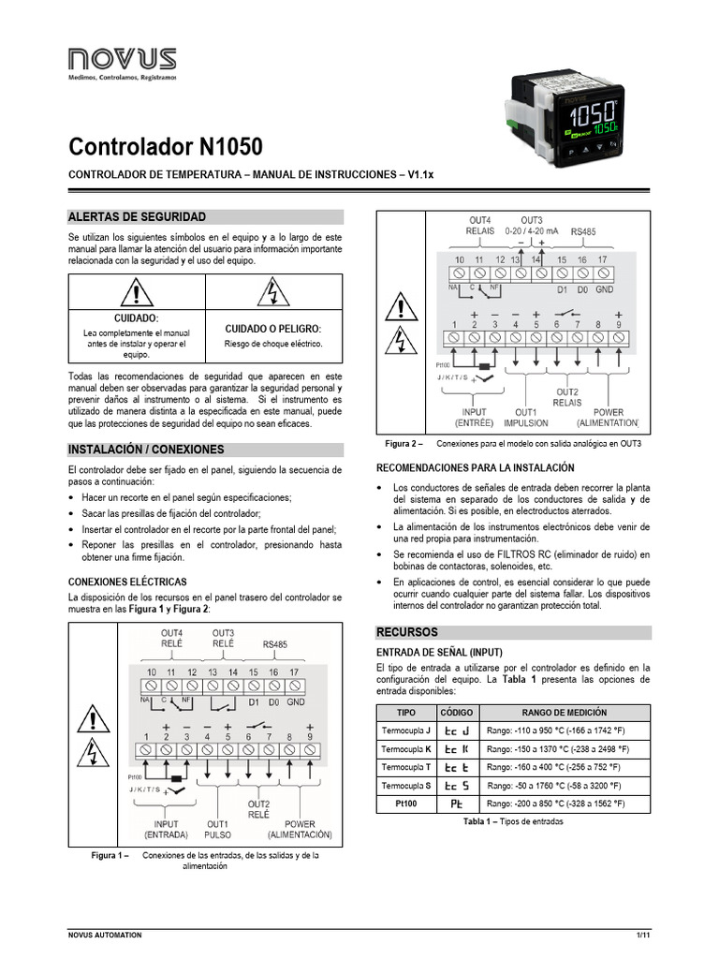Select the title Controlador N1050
tap(166, 147)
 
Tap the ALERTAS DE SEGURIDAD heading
tap(137, 216)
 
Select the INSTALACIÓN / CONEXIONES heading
tap(147, 449)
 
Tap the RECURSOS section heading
tap(408, 632)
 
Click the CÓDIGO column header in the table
tap(456, 713)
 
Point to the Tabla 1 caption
tap(513, 821)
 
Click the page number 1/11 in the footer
tap(642, 935)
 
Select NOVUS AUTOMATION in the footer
tap(105, 935)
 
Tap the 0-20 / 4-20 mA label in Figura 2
tap(531, 229)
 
